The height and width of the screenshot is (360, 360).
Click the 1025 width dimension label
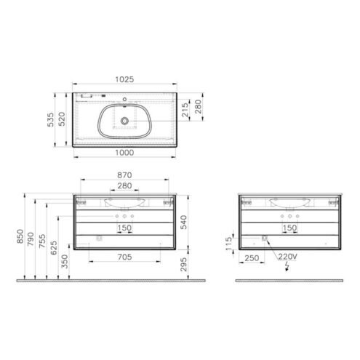tap(124, 79)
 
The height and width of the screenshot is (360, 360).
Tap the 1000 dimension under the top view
tap(124, 153)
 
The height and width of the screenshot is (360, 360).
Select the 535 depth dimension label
tap(51, 119)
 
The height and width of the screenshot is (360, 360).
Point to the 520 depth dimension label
tap(62, 119)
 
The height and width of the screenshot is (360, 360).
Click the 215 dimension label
tap(185, 110)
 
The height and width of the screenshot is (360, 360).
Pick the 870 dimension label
tap(124, 175)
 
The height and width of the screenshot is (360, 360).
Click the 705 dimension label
tap(124, 257)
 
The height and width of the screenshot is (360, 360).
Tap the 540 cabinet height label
tap(183, 223)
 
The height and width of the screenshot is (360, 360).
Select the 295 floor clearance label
tap(183, 264)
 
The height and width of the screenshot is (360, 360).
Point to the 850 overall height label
tap(20, 236)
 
